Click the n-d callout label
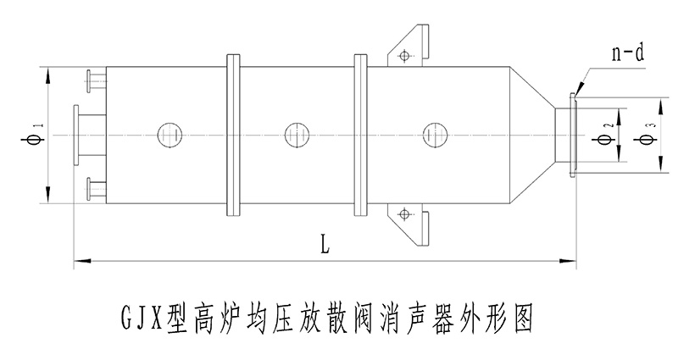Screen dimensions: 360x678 click(627, 56)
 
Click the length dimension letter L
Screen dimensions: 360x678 click(325, 246)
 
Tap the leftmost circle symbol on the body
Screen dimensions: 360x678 click(168, 134)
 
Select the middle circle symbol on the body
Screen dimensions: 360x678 click(296, 134)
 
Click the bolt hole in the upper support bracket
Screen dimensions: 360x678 click(404, 56)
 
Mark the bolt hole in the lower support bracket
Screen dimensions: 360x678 click(404, 213)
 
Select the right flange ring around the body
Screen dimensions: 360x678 click(360, 134)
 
